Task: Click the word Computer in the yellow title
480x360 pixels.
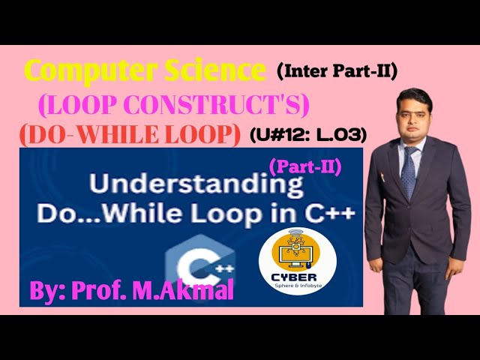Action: point(81,72)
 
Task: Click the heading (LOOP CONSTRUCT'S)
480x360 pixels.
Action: point(173,106)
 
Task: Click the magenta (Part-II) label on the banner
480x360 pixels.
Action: point(304,166)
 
